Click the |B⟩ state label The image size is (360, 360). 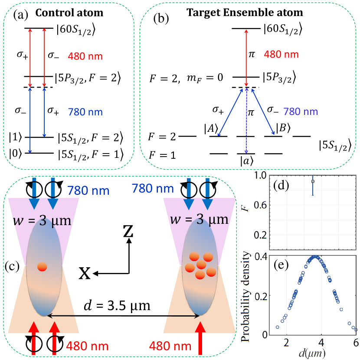[283, 128]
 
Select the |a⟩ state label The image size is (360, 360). [246, 161]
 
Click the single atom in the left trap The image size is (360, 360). [42, 267]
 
